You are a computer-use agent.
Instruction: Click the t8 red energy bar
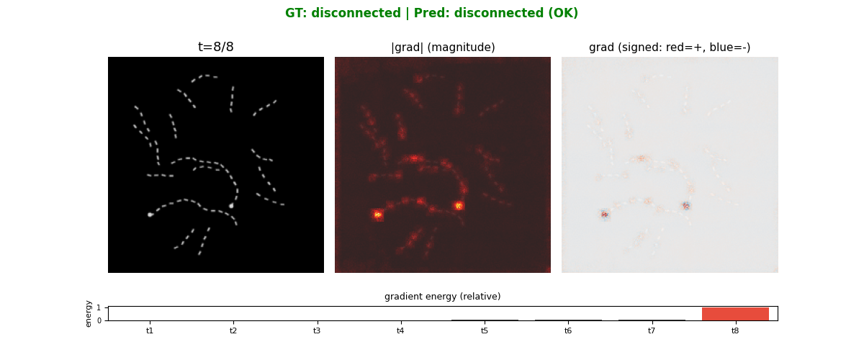pos(735,314)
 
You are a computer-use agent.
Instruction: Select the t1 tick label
pos(150,331)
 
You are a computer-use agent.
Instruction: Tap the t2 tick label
pos(233,331)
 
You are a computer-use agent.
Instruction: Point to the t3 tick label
pos(317,331)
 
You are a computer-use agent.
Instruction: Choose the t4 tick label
pos(400,331)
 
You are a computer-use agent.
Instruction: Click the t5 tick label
pos(485,331)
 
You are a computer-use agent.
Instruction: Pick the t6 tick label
pos(568,331)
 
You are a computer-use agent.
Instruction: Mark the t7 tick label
pos(652,331)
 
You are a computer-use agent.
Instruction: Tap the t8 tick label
pos(735,331)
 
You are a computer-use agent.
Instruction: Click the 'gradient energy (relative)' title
pos(442,297)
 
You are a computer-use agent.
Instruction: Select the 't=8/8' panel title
pos(216,48)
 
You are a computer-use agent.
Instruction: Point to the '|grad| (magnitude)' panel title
pos(443,48)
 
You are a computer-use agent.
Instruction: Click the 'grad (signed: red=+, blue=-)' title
pos(670,48)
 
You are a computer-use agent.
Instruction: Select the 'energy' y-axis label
pos(89,313)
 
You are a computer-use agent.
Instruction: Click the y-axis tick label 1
pos(99,307)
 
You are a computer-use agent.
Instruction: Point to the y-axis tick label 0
pos(99,320)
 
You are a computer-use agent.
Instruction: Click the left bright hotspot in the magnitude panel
pos(378,214)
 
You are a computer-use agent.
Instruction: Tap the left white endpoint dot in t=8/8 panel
pos(150,215)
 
